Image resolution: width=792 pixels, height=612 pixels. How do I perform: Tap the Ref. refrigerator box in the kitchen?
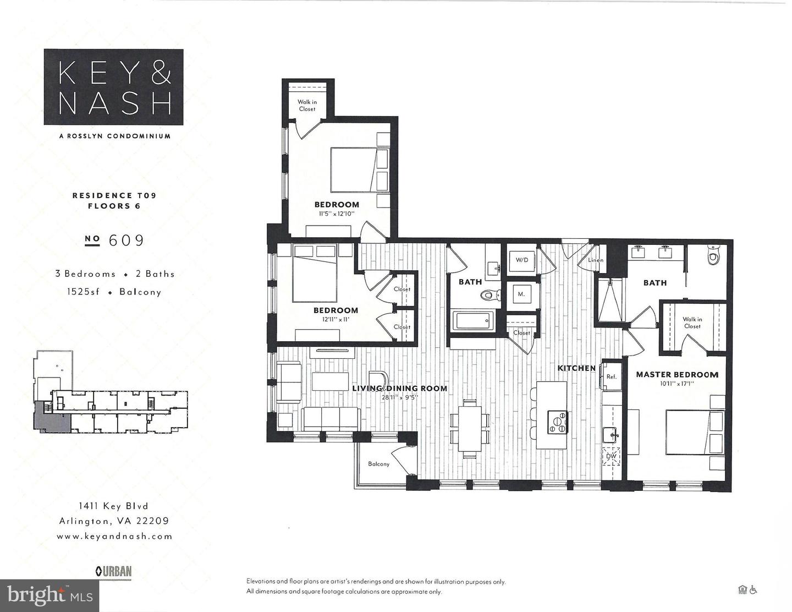[611, 376]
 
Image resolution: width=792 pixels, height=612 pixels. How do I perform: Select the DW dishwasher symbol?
[611, 456]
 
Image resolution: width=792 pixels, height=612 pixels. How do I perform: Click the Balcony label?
[379, 464]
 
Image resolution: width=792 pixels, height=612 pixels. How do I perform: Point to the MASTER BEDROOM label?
[677, 375]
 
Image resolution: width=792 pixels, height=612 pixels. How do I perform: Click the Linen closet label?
[596, 260]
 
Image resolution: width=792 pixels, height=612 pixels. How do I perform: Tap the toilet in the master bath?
[713, 256]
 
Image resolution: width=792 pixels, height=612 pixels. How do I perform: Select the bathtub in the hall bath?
[473, 321]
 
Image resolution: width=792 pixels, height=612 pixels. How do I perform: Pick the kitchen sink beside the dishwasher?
[611, 435]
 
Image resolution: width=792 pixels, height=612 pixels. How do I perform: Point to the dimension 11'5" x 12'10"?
[337, 214]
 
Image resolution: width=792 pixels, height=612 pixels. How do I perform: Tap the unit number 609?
[127, 241]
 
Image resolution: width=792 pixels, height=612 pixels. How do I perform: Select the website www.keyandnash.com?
[114, 536]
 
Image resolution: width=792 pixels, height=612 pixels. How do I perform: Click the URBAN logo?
[114, 571]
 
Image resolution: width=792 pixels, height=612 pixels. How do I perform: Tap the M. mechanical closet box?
[521, 294]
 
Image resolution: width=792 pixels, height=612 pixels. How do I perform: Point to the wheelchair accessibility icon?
[753, 590]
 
